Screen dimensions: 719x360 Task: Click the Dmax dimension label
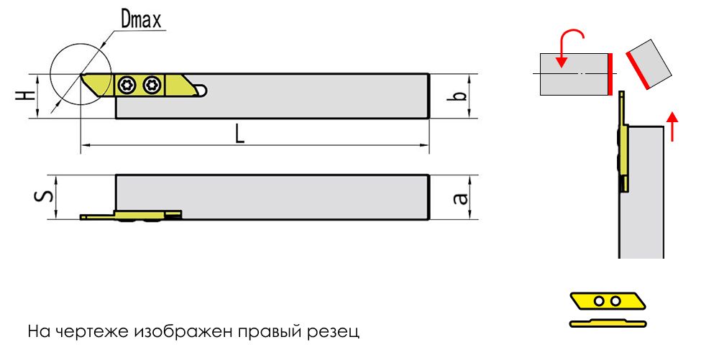click(141, 19)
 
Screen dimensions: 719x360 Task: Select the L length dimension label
click(239, 134)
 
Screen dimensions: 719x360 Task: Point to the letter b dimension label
click(461, 96)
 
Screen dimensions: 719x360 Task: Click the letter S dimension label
click(44, 196)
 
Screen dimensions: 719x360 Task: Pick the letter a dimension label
click(462, 198)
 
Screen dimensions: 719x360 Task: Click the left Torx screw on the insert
click(125, 85)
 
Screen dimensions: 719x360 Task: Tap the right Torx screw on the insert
click(150, 85)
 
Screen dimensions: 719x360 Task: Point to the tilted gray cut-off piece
click(649, 64)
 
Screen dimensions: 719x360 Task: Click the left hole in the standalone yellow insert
click(599, 301)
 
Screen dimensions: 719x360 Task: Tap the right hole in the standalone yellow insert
click(615, 301)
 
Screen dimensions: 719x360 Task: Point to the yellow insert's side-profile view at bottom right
click(608, 323)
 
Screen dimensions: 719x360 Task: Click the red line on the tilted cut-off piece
click(637, 70)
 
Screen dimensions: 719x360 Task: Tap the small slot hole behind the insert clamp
click(201, 91)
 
